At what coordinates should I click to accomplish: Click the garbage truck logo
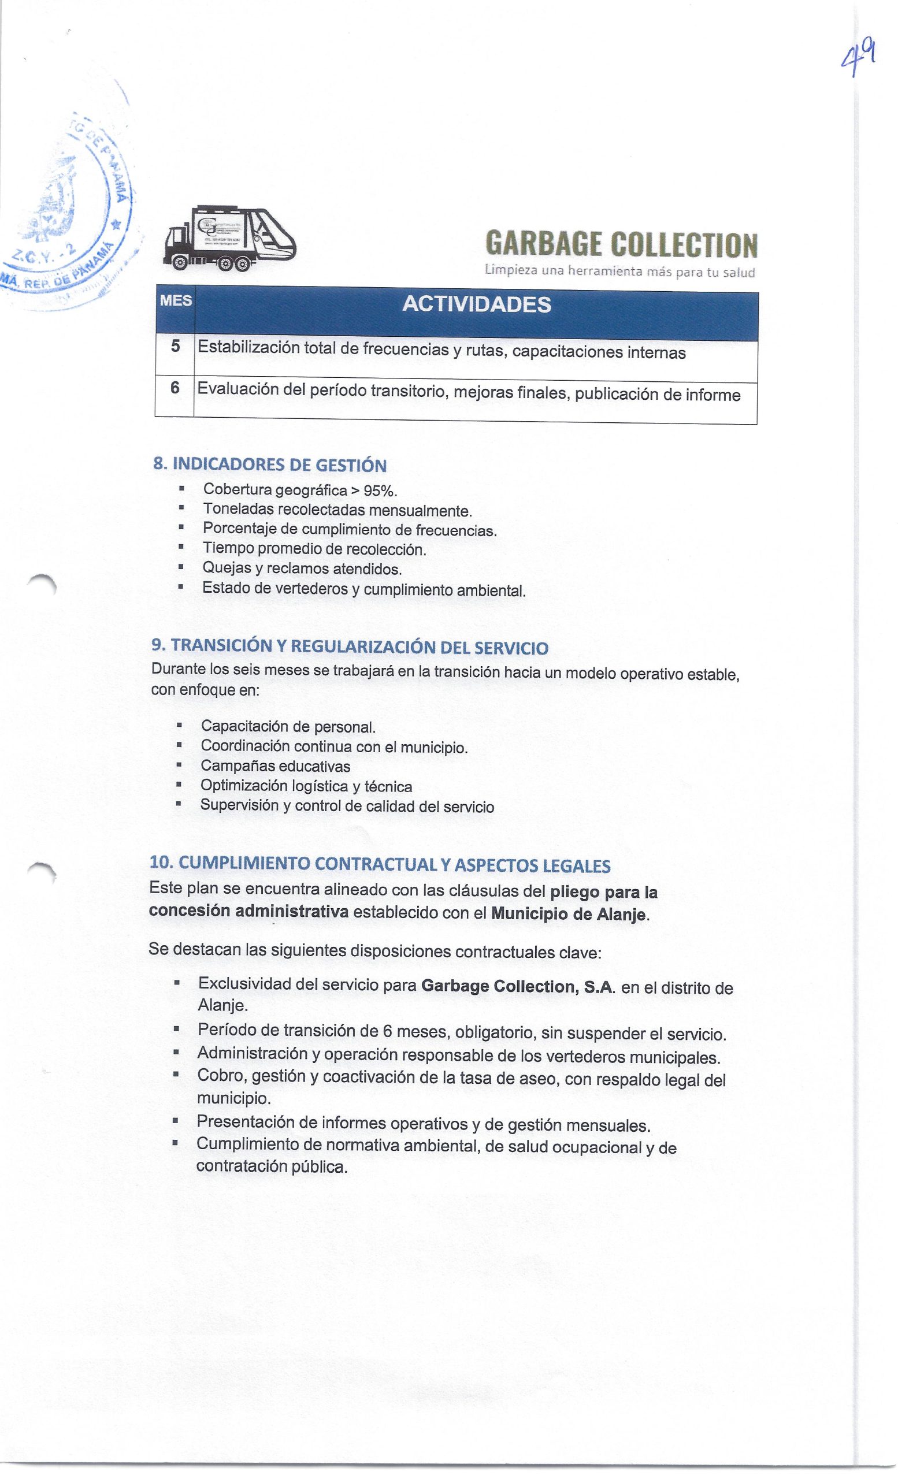(x=229, y=237)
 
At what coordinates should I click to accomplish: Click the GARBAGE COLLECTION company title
(x=621, y=245)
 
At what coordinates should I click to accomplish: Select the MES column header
(x=175, y=301)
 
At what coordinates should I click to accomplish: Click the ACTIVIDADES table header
(x=476, y=305)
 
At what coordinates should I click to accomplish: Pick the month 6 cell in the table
(x=175, y=388)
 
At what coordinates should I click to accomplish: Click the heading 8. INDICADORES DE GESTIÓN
(x=270, y=465)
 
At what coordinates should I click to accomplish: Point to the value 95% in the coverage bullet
(x=377, y=491)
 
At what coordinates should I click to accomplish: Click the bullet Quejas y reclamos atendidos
(x=302, y=568)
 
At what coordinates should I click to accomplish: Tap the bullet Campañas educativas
(x=276, y=767)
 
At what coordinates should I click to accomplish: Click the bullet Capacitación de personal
(x=288, y=727)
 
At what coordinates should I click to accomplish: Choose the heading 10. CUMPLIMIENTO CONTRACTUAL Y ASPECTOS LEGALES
(x=380, y=864)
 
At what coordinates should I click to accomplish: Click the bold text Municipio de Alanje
(x=569, y=915)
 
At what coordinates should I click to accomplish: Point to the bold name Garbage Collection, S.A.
(x=518, y=987)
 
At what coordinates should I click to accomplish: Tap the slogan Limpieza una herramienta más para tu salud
(x=619, y=272)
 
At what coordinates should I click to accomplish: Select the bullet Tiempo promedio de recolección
(x=314, y=549)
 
